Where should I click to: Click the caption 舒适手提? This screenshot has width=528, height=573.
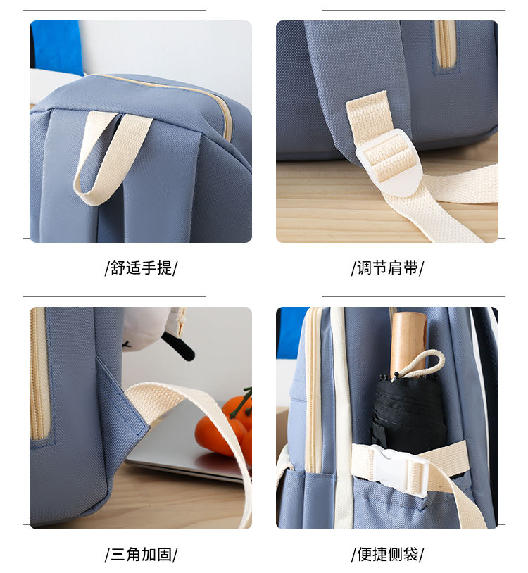pyautogui.click(x=141, y=268)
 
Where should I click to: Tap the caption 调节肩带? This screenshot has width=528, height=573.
pyautogui.click(x=387, y=268)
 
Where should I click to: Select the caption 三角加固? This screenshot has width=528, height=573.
pyautogui.click(x=141, y=555)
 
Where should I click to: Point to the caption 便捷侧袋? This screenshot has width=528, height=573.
pyautogui.click(x=387, y=555)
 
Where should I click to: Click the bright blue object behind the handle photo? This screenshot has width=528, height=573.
pyautogui.click(x=56, y=46)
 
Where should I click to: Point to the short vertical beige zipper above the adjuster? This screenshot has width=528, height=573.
pyautogui.click(x=446, y=44)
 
